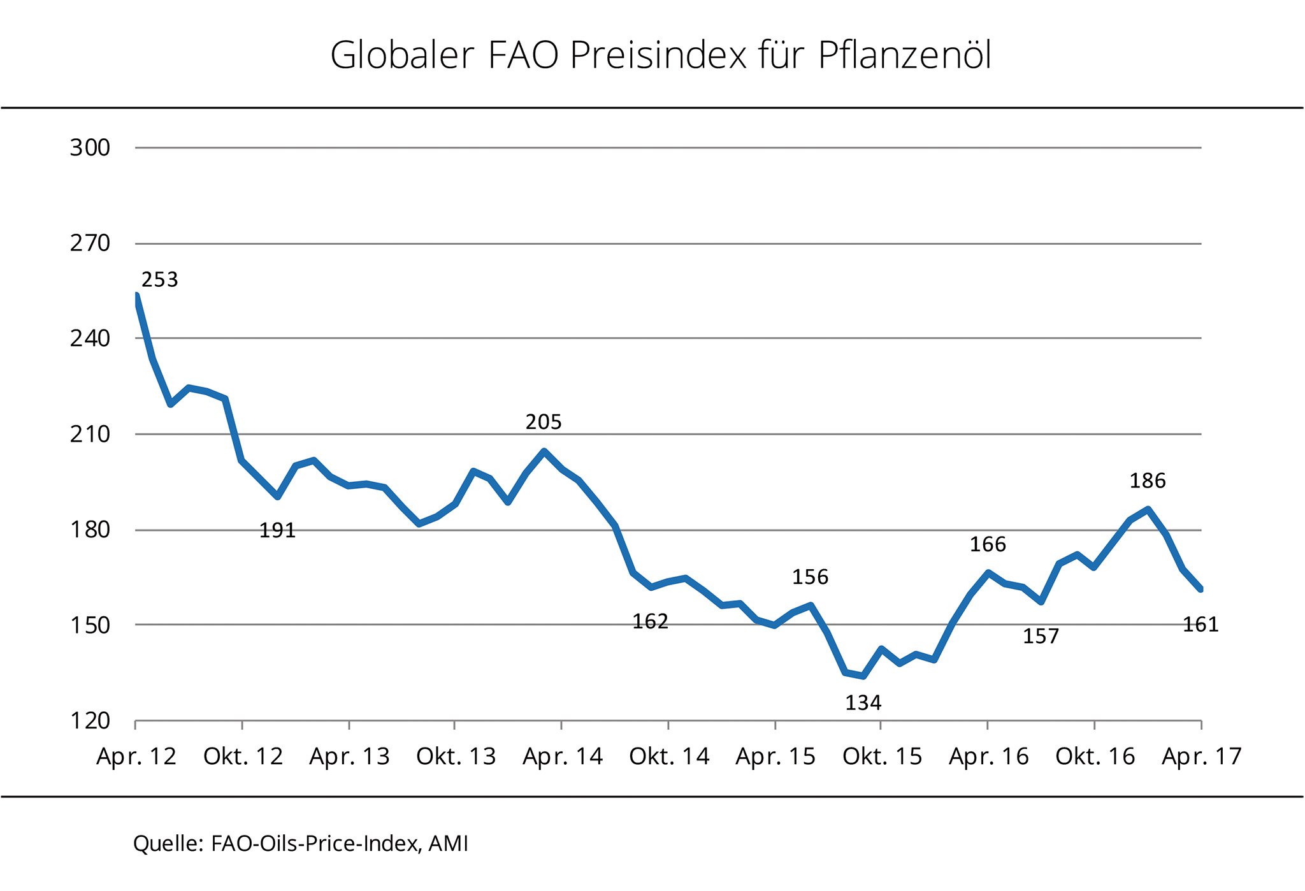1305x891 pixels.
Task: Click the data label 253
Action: pyautogui.click(x=159, y=280)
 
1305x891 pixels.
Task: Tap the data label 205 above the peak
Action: pyautogui.click(x=544, y=422)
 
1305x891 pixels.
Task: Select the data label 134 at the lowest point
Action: pyautogui.click(x=863, y=703)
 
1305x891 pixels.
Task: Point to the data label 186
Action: pyautogui.click(x=1148, y=481)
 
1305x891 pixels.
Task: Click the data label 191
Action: pyautogui.click(x=277, y=530)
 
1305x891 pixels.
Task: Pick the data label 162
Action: pyautogui.click(x=650, y=621)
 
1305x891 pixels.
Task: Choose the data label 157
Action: pyautogui.click(x=1041, y=636)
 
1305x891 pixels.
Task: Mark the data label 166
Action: pyautogui.click(x=988, y=544)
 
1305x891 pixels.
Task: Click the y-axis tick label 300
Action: pyautogui.click(x=90, y=148)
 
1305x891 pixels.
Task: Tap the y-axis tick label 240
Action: pyautogui.click(x=90, y=338)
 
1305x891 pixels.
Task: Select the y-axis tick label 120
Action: pyautogui.click(x=90, y=721)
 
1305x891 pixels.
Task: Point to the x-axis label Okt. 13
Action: pyautogui.click(x=456, y=757)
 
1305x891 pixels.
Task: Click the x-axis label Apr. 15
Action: pyautogui.click(x=775, y=757)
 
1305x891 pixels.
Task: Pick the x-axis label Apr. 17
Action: pyautogui.click(x=1202, y=757)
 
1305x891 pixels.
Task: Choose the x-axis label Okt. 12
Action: pyautogui.click(x=243, y=757)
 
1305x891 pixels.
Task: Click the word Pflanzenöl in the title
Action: pyautogui.click(x=904, y=56)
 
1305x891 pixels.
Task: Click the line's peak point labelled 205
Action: pyautogui.click(x=544, y=451)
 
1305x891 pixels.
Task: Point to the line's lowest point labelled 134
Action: pyautogui.click(x=863, y=676)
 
